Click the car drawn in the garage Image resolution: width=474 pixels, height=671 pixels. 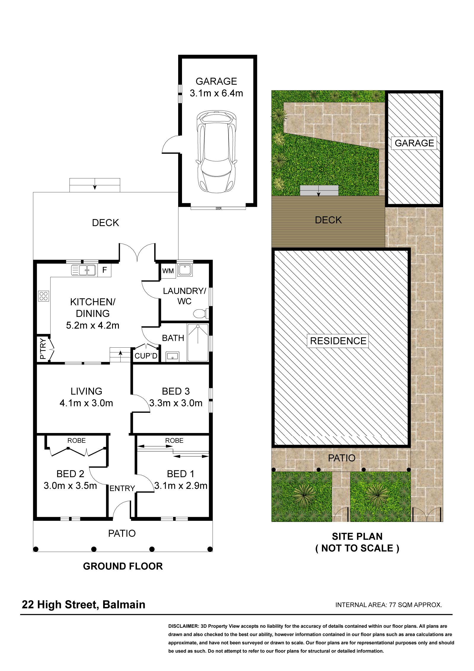tap(216, 151)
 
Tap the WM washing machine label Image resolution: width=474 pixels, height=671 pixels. tap(168, 271)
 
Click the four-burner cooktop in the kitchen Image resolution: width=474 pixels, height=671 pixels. tap(44, 296)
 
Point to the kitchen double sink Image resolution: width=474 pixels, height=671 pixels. tap(84, 270)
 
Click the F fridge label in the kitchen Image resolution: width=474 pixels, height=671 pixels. tap(104, 270)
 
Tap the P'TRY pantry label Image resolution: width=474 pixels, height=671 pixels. tap(43, 349)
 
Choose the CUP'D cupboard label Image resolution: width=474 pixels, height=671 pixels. tap(146, 356)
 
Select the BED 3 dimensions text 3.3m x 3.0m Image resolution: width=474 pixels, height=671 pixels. tap(176, 403)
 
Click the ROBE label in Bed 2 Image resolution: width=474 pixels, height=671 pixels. tap(76, 440)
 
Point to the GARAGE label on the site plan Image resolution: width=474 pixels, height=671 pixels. tap(414, 143)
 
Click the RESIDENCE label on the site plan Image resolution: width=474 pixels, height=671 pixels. tap(338, 341)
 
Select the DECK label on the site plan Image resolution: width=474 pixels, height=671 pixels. tap(328, 220)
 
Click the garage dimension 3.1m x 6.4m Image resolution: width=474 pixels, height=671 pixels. tap(216, 93)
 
